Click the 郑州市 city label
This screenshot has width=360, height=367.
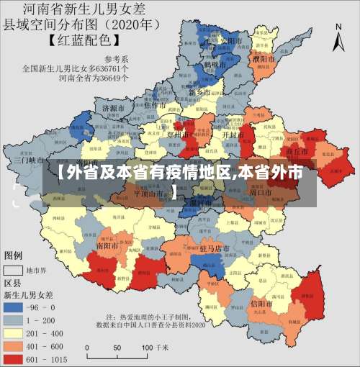pyautogui.click(x=179, y=133)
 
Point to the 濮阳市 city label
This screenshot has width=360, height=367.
pyautogui.click(x=262, y=57)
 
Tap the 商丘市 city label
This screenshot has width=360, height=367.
pyautogui.click(x=297, y=153)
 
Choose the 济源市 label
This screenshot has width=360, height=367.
pyautogui.click(x=114, y=108)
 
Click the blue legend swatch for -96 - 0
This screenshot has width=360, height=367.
pyautogui.click(x=14, y=306)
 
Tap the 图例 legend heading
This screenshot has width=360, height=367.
pyautogui.click(x=14, y=255)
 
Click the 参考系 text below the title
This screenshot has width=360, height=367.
pyautogui.click(x=117, y=58)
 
